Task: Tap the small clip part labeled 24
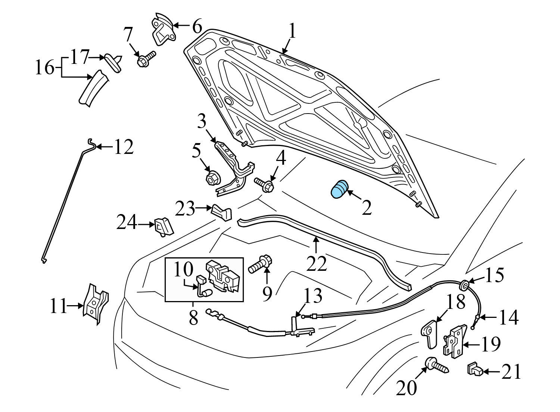pyautogui.click(x=163, y=226)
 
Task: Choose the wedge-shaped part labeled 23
pyautogui.click(x=222, y=213)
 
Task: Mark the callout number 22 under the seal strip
pyautogui.click(x=317, y=264)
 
